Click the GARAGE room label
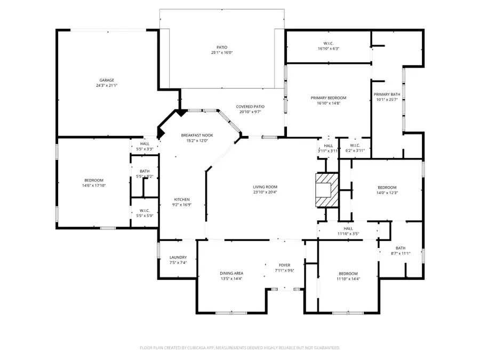coord(107,81)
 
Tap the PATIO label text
coord(221,47)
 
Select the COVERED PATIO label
coord(250,107)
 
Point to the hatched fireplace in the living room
coord(326,190)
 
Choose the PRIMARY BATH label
coord(387,94)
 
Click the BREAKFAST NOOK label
coord(197,135)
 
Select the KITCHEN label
coord(181,199)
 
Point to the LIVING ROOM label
coord(265,187)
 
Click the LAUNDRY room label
coord(178,257)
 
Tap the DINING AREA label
coord(231,273)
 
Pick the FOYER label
coord(284,265)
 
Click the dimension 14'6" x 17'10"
coord(94,186)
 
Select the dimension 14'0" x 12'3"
coord(387,193)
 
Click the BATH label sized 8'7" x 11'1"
coord(401,248)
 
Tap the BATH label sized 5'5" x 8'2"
coord(145,171)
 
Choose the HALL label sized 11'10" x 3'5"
coord(348,228)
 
